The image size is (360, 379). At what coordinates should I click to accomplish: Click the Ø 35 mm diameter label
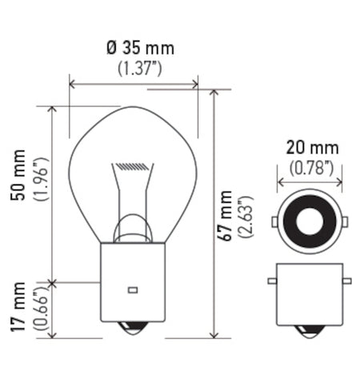click(135, 48)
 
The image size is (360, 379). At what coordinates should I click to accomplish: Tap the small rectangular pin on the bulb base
click(133, 289)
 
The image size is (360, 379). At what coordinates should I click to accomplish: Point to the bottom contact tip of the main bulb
click(133, 329)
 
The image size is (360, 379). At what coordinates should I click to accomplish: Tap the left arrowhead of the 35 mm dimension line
click(72, 82)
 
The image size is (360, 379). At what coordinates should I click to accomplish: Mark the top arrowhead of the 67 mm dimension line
click(214, 92)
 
